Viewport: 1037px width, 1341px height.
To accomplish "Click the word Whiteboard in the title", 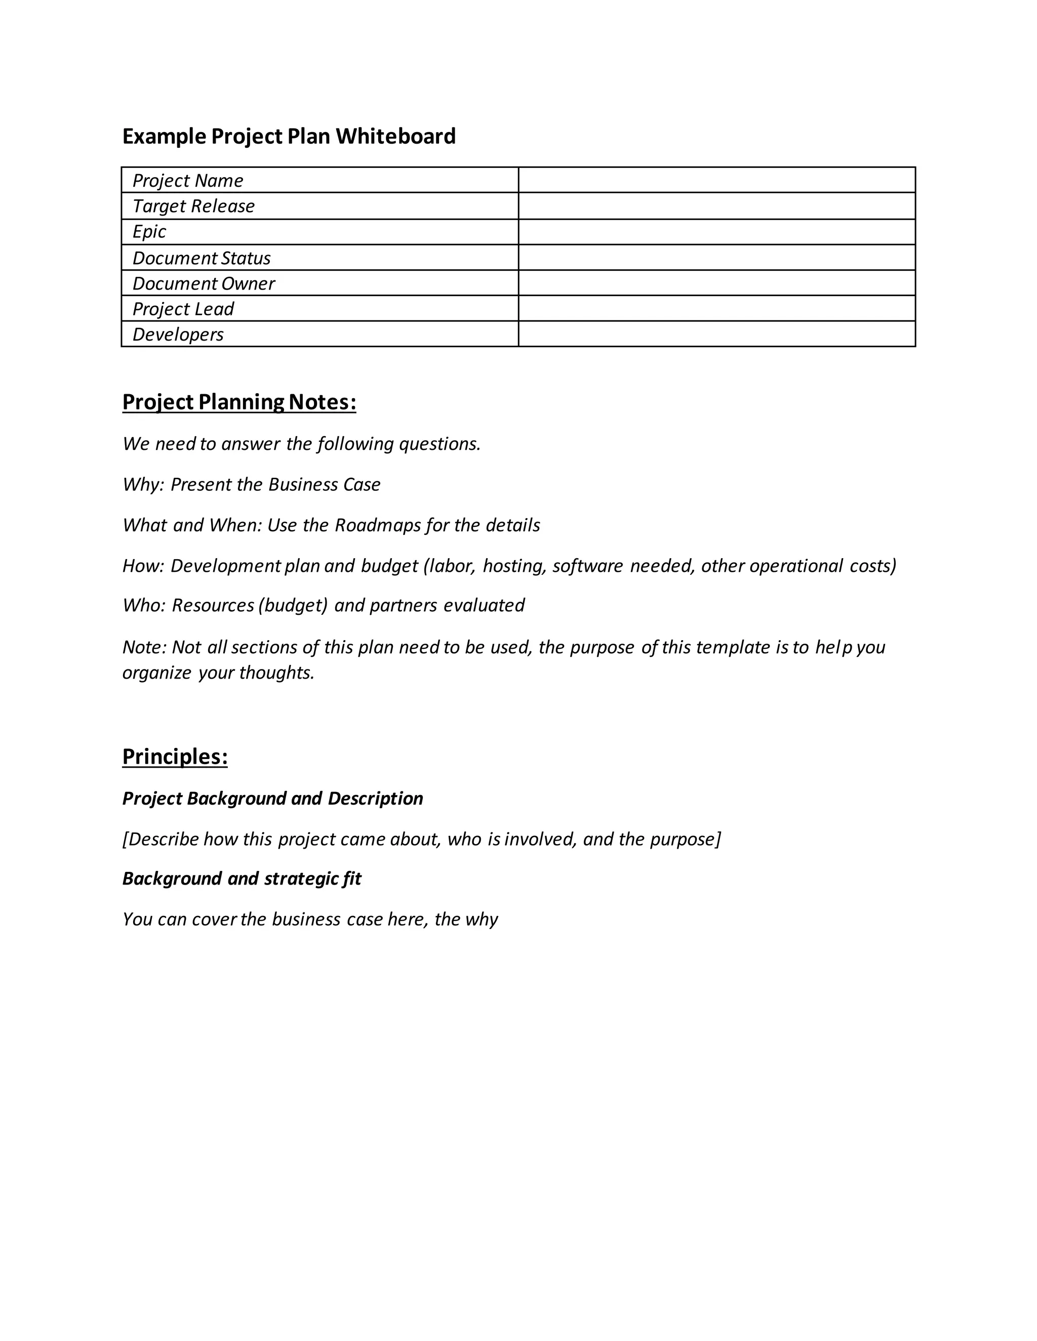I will [395, 136].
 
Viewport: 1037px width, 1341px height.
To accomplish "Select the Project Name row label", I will [187, 181].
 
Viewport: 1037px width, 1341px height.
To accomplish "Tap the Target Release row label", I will [193, 206].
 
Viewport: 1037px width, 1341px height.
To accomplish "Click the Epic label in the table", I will [149, 231].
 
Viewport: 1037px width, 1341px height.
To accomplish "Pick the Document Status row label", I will [202, 258].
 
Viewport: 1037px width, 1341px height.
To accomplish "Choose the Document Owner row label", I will [204, 284].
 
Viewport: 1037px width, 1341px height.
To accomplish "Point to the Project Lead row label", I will [183, 309].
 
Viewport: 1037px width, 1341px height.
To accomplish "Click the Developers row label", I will [178, 334].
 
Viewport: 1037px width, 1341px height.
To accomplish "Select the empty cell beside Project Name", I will [716, 180].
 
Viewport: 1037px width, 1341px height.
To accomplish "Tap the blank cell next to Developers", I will [716, 334].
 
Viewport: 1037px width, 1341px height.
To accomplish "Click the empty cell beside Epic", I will [716, 231].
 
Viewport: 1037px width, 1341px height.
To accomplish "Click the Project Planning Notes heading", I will [239, 402].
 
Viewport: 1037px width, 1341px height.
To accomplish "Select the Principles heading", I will [175, 757].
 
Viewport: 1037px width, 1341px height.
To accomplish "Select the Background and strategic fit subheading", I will [242, 878].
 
